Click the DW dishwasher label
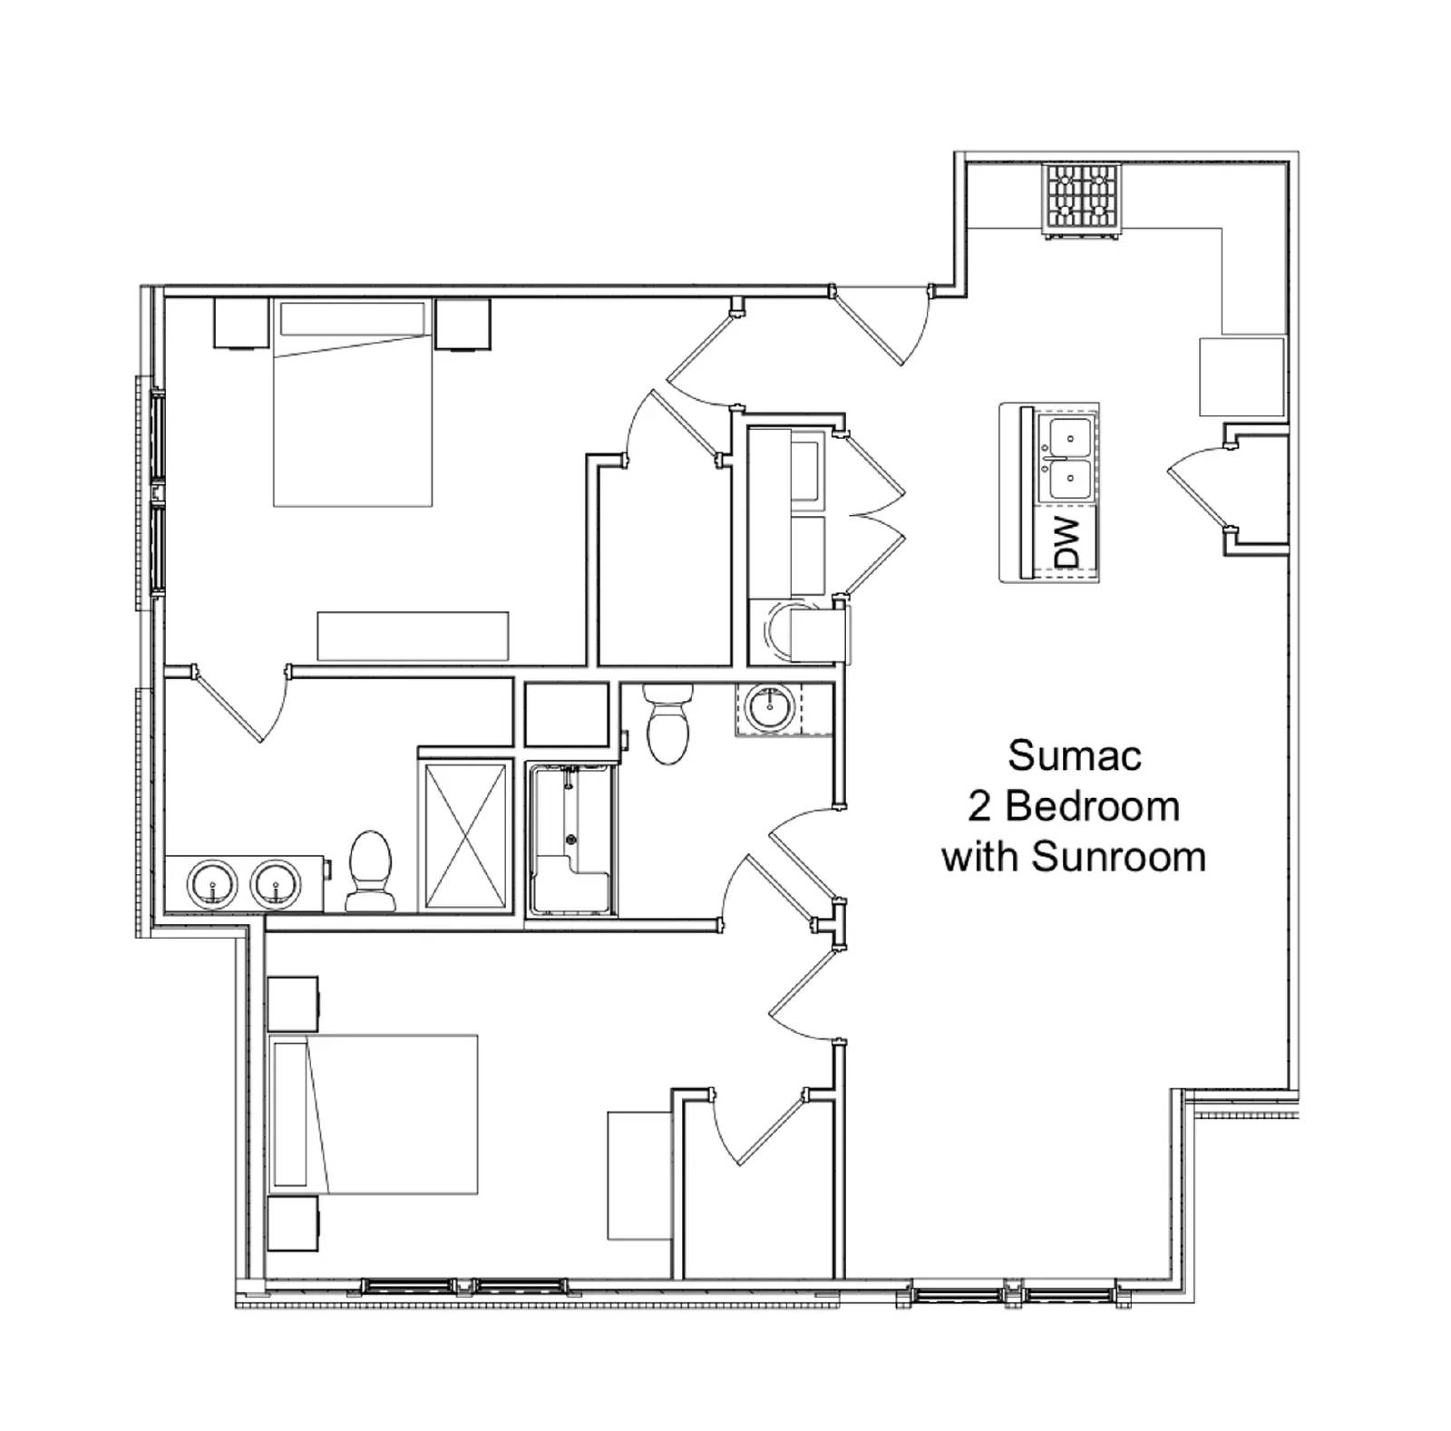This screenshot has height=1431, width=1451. coord(1071,541)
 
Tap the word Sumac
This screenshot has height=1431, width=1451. coord(1074,755)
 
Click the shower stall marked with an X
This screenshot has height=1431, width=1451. coord(465,834)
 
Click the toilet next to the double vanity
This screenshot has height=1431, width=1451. coord(370,871)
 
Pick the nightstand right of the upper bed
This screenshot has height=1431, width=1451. coord(463,324)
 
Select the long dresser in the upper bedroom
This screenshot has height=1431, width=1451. coord(413,636)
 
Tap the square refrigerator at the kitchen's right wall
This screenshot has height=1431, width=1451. coord(1242,376)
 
